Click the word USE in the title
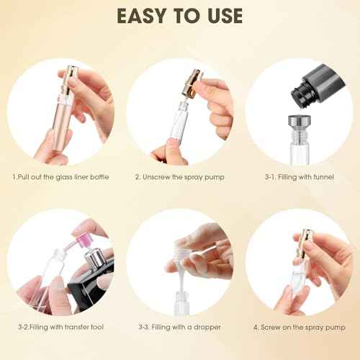(x=222, y=15)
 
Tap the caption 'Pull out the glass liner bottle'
(x=60, y=177)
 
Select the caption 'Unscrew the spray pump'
(x=180, y=177)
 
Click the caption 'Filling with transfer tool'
(x=62, y=327)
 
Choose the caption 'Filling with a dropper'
(x=181, y=327)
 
